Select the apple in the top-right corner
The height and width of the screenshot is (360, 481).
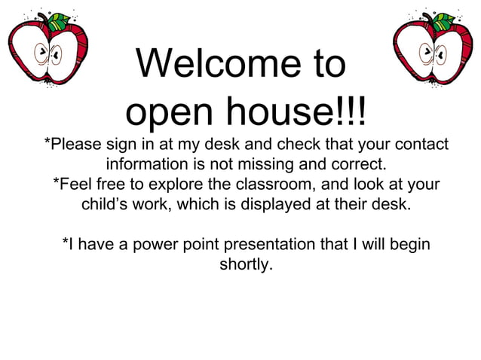(431, 48)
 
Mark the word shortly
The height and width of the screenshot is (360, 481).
(245, 265)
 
